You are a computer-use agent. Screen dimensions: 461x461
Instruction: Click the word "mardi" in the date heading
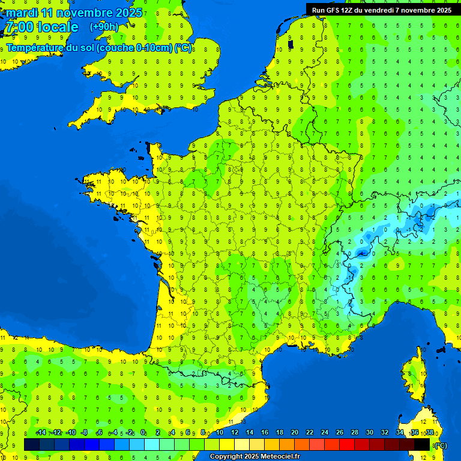click(22, 13)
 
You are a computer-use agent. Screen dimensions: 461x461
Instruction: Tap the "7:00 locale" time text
click(41, 27)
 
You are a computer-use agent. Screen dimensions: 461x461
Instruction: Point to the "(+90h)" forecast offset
click(104, 26)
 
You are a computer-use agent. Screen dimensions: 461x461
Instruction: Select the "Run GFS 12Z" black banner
click(382, 10)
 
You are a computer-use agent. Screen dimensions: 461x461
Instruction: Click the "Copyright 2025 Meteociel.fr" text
click(255, 456)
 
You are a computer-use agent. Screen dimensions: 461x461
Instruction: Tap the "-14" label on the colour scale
click(41, 432)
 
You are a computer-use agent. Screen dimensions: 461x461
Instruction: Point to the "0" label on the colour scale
click(143, 432)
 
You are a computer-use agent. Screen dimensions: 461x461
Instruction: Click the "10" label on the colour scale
click(220, 432)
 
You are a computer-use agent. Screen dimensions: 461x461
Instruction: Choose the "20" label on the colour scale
click(295, 432)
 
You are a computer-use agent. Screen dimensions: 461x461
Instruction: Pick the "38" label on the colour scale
click(429, 432)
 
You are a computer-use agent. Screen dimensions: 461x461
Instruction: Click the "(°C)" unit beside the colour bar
click(441, 445)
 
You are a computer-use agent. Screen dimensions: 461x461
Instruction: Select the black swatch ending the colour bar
click(422, 444)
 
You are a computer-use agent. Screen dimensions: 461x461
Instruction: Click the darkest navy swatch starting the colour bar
click(32, 444)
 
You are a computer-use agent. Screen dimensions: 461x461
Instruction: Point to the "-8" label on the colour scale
click(85, 432)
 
